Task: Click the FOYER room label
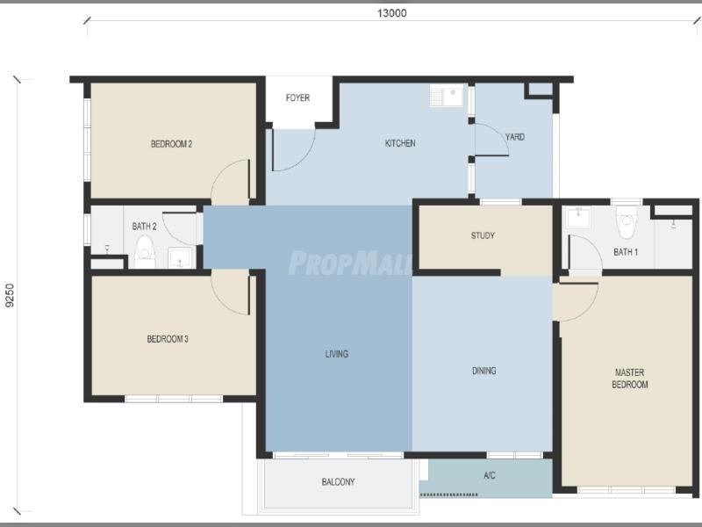(x=297, y=97)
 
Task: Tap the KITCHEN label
(x=400, y=143)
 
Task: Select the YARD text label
(x=515, y=137)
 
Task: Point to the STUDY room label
(x=483, y=235)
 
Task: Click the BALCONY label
(x=338, y=482)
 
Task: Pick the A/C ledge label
(x=490, y=475)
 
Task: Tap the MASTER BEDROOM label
(x=630, y=379)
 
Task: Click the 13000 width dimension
(x=391, y=13)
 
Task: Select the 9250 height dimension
(x=10, y=296)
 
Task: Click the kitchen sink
(x=448, y=96)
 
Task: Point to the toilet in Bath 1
(x=626, y=222)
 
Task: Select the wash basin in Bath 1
(x=578, y=218)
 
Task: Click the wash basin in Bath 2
(x=180, y=258)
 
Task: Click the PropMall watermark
(x=350, y=263)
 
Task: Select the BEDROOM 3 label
(x=168, y=339)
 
